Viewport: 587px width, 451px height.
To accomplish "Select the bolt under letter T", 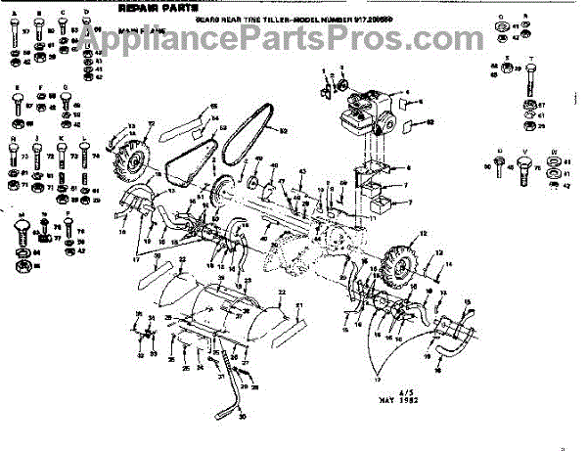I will (529, 83).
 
